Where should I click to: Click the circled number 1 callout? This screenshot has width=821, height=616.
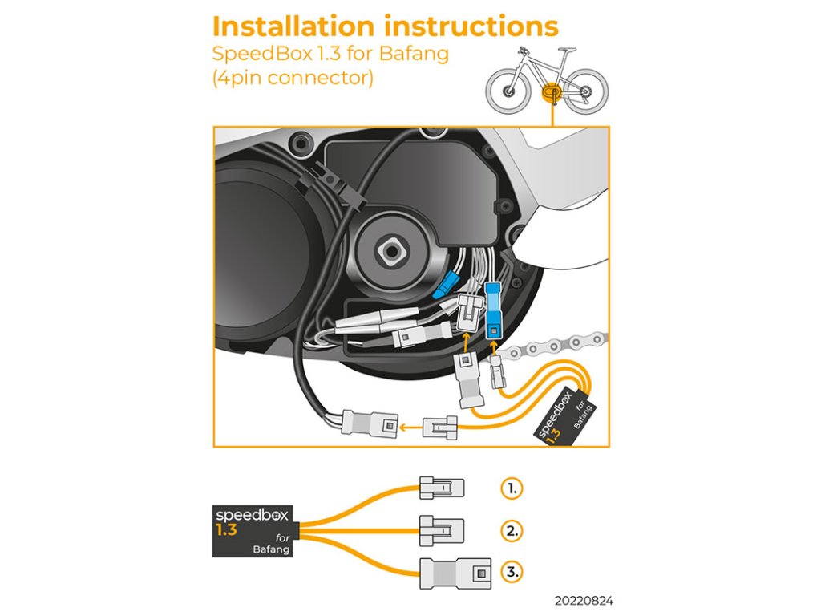point(512,488)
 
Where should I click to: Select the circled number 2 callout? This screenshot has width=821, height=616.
point(512,530)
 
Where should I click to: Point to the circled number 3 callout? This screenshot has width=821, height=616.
point(512,572)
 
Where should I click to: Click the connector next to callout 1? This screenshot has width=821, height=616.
point(441,487)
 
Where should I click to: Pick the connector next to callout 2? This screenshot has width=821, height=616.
point(441,529)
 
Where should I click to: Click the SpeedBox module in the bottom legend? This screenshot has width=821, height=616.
point(250,530)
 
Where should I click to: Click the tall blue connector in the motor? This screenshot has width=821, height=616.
point(493,309)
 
